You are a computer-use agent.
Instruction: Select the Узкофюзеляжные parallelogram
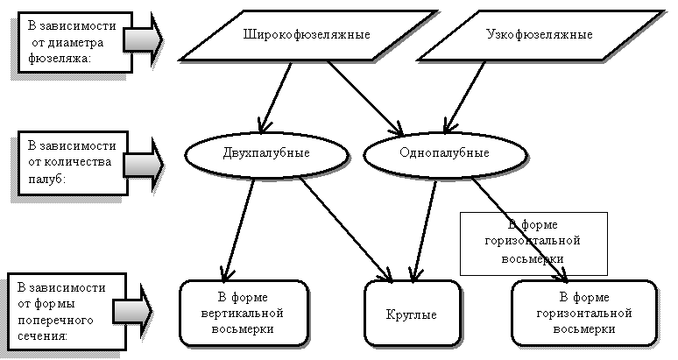click(x=538, y=35)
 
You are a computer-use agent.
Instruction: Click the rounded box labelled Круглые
click(x=412, y=313)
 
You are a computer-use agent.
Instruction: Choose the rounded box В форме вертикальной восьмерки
click(x=244, y=313)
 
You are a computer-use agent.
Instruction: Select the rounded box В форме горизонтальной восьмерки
click(x=584, y=313)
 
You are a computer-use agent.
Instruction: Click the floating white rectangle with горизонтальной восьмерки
click(x=533, y=243)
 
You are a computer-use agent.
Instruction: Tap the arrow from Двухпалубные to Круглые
click(x=345, y=222)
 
